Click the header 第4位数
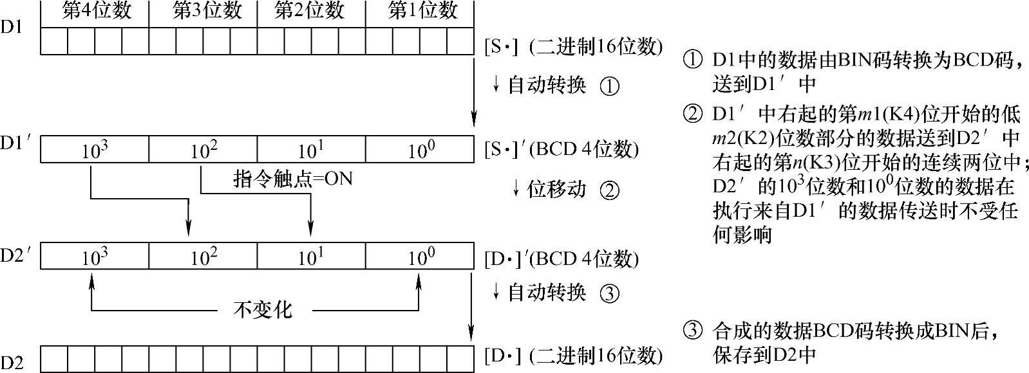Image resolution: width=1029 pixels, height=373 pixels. (x=95, y=12)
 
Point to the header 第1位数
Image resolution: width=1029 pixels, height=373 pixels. (x=422, y=12)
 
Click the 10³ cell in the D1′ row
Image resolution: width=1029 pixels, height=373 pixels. (x=95, y=150)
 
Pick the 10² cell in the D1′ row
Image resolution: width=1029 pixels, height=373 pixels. (x=203, y=150)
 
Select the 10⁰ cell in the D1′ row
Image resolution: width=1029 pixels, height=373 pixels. (x=420, y=150)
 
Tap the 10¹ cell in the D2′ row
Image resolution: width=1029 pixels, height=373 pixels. (x=311, y=257)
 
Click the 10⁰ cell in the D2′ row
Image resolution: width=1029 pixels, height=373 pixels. (x=420, y=257)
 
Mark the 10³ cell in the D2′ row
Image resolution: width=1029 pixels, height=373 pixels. (x=95, y=257)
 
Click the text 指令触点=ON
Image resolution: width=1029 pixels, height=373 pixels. (x=293, y=179)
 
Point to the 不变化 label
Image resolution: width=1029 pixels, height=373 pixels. (x=263, y=310)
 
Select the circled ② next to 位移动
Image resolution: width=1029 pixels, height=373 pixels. (x=609, y=190)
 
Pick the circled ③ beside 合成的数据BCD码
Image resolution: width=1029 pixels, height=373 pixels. (x=692, y=332)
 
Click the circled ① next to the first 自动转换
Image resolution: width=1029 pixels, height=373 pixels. (x=609, y=86)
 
